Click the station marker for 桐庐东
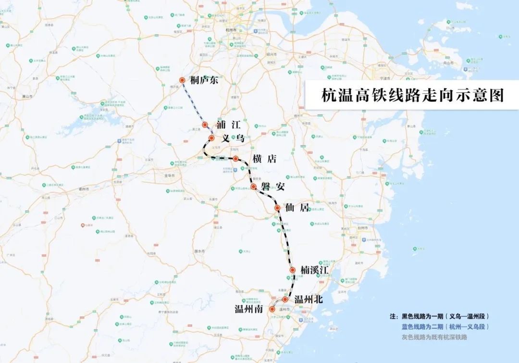coord(182,80)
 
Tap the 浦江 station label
coord(228,125)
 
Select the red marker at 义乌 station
coord(211,138)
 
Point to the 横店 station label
coord(265,159)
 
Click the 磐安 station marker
coord(253,186)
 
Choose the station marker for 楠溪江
coord(293,270)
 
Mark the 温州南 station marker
coord(272,309)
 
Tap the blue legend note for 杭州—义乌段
coord(445,327)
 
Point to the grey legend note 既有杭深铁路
coord(434,337)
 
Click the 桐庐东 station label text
coord(204,80)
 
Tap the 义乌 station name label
coord(234,138)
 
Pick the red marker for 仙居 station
coord(277,208)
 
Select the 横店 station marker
coord(236,159)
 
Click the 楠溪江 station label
coord(314,270)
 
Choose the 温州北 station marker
coord(285,300)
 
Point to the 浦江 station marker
coord(205,125)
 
